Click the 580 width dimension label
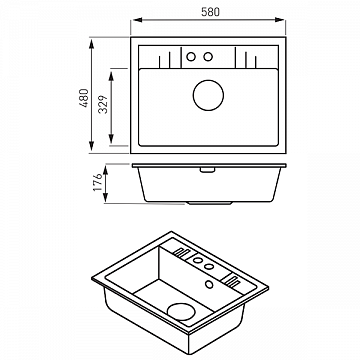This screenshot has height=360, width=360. pos(211,12)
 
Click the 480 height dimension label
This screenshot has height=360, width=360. pos(84,98)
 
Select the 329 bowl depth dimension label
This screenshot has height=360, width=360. pos(103,104)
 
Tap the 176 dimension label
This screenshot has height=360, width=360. pos(98,182)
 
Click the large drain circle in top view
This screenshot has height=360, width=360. pos(208,95)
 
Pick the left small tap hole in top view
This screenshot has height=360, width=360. pos(191,57)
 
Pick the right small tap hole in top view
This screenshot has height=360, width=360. pos(208,57)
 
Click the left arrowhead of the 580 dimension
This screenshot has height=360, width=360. pos(137,20)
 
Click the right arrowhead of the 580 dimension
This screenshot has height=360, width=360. pos(279,20)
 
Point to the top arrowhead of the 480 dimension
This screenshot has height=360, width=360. pos(91,43)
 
